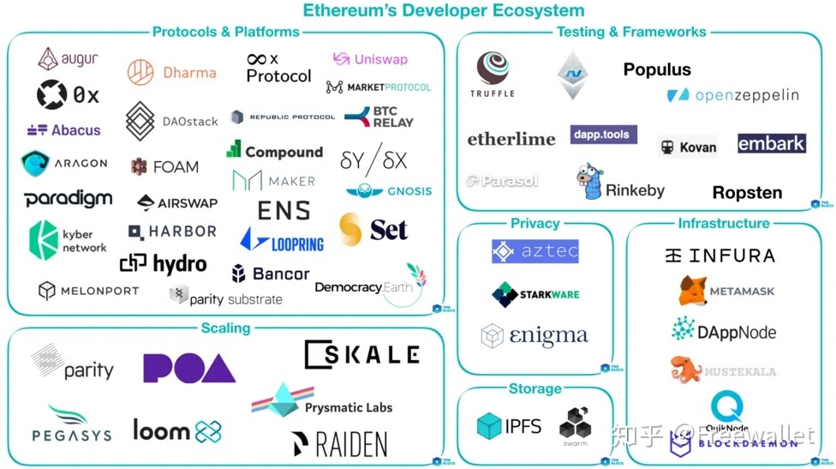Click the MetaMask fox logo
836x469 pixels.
pyautogui.click(x=692, y=292)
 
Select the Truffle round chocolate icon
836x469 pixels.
pyautogui.click(x=493, y=68)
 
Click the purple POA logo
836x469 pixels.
pyautogui.click(x=189, y=368)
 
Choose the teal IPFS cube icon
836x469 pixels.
pyautogui.click(x=488, y=426)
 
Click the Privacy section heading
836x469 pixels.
pyautogui.click(x=534, y=223)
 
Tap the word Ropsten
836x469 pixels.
pyautogui.click(x=747, y=192)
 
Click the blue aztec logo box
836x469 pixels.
pyautogui.click(x=535, y=251)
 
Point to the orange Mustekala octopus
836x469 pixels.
pyautogui.click(x=685, y=370)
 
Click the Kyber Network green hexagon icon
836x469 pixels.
pyautogui.click(x=43, y=237)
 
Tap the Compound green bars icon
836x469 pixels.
pyautogui.click(x=234, y=149)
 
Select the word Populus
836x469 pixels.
pyautogui.click(x=657, y=69)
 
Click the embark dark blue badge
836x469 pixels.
pyautogui.click(x=771, y=143)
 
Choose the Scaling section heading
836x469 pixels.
pyautogui.click(x=225, y=328)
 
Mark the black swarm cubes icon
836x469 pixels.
pyautogui.click(x=573, y=424)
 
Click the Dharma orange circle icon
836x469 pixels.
pyautogui.click(x=140, y=73)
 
